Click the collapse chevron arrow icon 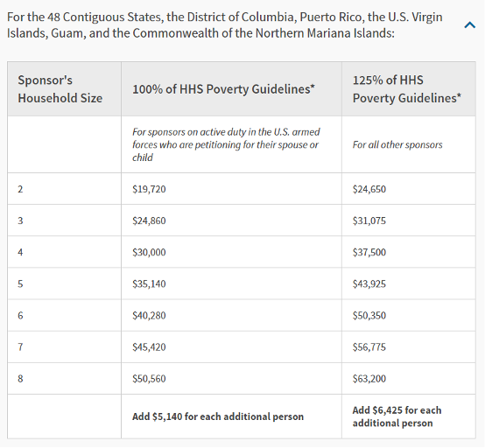coord(469,24)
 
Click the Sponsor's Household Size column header coord(60,89)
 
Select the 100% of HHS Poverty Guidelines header coord(223,89)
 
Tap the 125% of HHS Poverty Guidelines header coord(407,89)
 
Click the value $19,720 coord(149,189)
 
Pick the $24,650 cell coord(369,189)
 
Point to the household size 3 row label coord(20,220)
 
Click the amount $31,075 coord(369,220)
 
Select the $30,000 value coord(149,252)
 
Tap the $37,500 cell coord(369,252)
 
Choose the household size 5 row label coord(20,283)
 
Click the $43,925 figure coord(369,283)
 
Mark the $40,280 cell coord(149,315)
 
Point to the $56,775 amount coord(369,346)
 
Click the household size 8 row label coord(20,378)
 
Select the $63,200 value coord(369,378)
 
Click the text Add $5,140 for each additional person coord(218,416)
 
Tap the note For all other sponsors coord(397,144)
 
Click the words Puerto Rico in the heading coord(331,17)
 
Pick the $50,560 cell coord(149,378)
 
